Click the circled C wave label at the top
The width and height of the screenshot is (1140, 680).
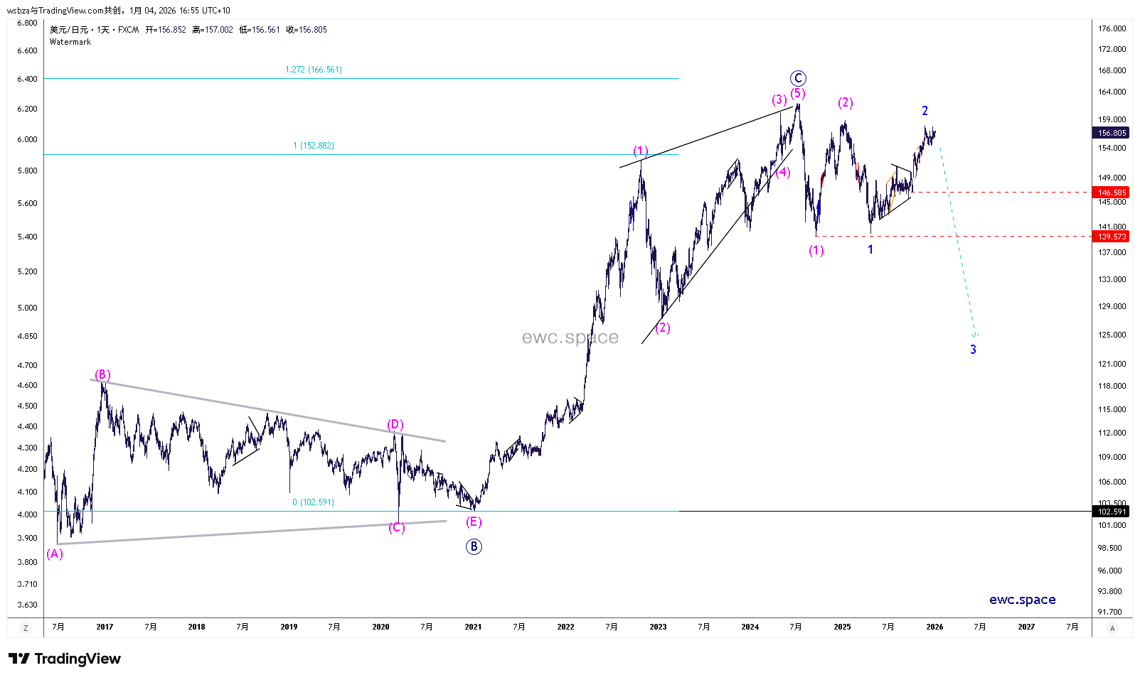798,78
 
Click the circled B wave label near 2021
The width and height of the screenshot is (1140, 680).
474,546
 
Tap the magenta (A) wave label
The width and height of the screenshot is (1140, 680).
55,554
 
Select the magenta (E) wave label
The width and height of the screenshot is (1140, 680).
474,522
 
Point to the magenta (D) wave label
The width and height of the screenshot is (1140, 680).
395,425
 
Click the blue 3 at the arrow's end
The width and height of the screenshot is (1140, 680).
974,350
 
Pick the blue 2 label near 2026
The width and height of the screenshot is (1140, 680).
925,111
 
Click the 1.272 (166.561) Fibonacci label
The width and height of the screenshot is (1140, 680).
314,70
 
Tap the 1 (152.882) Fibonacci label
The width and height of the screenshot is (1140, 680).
314,146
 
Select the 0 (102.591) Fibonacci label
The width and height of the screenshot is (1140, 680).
313,502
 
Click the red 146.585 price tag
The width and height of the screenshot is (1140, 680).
1112,193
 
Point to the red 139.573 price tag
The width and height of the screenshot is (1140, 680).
1112,237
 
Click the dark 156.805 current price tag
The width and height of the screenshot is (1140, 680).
1112,133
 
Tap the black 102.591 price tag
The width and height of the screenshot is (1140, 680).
1112,512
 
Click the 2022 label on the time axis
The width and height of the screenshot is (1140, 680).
565,627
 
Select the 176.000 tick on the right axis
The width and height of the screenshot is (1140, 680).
1112,28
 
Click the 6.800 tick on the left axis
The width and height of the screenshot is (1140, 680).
27,23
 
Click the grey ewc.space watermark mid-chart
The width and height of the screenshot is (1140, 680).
570,338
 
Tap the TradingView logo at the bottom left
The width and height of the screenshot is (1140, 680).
65,659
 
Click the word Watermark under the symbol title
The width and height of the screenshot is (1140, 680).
70,42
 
